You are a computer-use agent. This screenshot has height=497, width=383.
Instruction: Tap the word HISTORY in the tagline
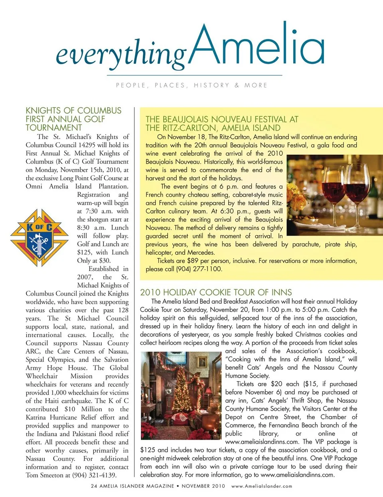point(211,85)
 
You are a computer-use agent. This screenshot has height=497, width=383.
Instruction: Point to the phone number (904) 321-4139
point(94,475)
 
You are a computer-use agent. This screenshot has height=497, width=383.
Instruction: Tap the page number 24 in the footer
point(94,486)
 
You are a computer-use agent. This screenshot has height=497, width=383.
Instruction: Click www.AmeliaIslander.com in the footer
point(262,486)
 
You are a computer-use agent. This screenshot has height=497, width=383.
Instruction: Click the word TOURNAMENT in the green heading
point(54,128)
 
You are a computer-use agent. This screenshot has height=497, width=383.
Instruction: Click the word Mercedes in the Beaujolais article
point(201,252)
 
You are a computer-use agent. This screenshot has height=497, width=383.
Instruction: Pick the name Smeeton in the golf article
point(54,475)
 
